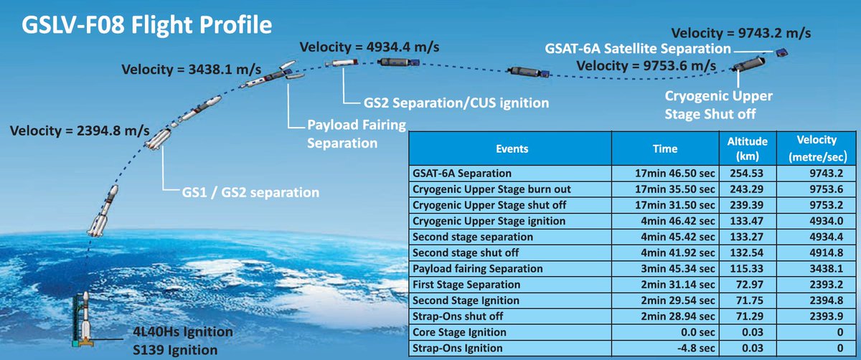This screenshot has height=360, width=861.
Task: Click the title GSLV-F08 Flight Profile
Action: click(146, 25)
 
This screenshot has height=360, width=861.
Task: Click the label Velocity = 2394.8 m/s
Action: click(80, 131)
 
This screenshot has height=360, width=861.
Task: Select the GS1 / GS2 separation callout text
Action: click(250, 192)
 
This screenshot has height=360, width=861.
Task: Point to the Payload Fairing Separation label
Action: click(357, 133)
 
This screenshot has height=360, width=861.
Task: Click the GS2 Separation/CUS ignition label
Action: click(456, 103)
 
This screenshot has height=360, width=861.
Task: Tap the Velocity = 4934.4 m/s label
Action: click(369, 47)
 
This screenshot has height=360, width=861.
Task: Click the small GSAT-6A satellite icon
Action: click(781, 52)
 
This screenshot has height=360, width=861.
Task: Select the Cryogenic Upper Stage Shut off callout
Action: click(718, 105)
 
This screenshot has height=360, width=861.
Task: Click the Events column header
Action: click(512, 148)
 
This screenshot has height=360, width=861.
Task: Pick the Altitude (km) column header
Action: click(747, 148)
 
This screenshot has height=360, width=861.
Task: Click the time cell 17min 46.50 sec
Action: click(674, 174)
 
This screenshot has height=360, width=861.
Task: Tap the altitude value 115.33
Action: click(746, 268)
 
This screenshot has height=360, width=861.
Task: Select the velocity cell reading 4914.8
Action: click(827, 253)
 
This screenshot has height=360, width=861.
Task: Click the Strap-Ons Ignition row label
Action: click(458, 348)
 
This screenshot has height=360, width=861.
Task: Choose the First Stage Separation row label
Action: click(466, 285)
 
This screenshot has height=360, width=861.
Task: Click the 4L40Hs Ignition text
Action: click(182, 331)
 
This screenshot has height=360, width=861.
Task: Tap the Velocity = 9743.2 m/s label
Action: click(741, 33)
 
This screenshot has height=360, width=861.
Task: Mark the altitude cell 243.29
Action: click(746, 189)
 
